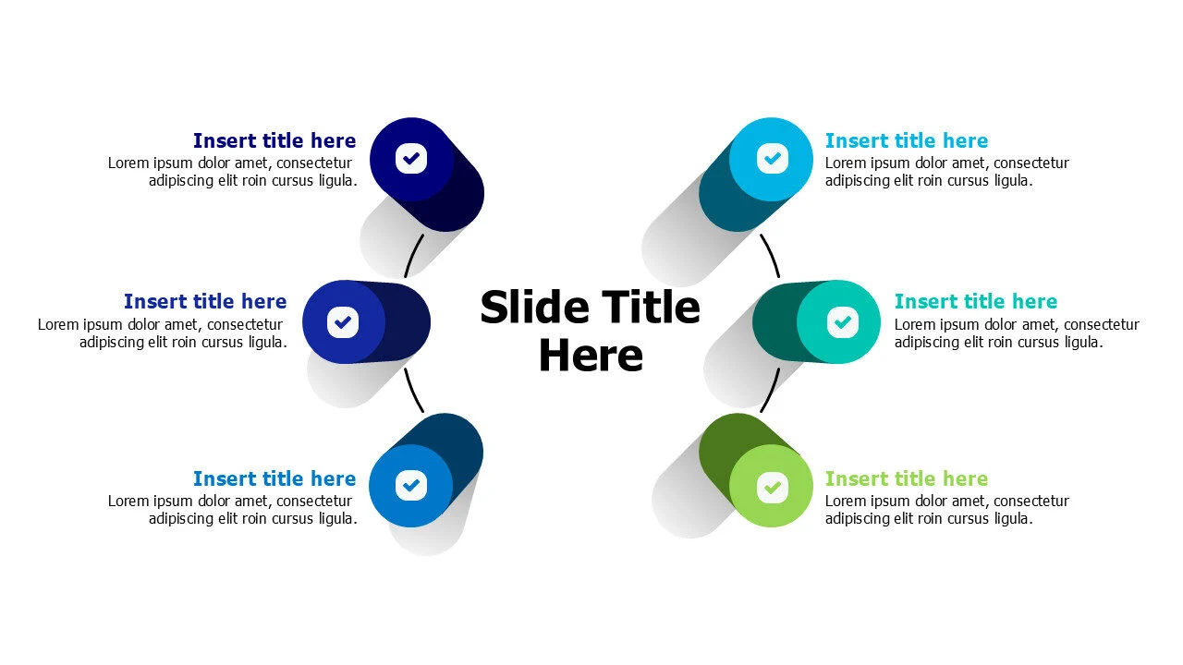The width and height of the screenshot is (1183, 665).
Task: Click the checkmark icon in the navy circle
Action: pos(411,158)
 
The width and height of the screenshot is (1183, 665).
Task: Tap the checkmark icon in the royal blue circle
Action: pos(343,322)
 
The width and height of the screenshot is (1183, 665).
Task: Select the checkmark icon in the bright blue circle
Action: pos(411,485)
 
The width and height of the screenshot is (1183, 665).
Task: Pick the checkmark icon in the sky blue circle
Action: pos(772,158)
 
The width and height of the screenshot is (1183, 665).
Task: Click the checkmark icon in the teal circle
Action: pos(842,322)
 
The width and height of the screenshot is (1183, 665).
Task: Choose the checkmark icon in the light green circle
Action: pos(772,487)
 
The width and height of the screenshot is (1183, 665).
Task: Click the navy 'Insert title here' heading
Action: pos(274,141)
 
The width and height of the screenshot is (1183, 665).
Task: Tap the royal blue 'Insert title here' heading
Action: pos(205,301)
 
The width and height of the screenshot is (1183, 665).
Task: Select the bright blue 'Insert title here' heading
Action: pos(274,478)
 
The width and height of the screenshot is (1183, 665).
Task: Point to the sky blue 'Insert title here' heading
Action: pos(907,141)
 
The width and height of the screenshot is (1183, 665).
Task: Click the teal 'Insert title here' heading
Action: pos(976,301)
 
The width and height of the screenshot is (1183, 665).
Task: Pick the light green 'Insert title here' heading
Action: pos(907,478)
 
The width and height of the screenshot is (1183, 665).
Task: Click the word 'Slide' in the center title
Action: pos(534,307)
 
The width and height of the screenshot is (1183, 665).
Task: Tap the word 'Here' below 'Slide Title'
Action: pos(591,356)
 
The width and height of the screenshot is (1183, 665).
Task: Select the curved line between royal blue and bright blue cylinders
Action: pos(412,391)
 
